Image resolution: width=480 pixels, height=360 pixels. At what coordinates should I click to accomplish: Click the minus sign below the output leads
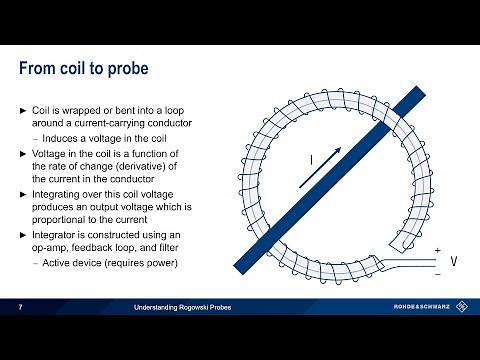pos(437,272)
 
